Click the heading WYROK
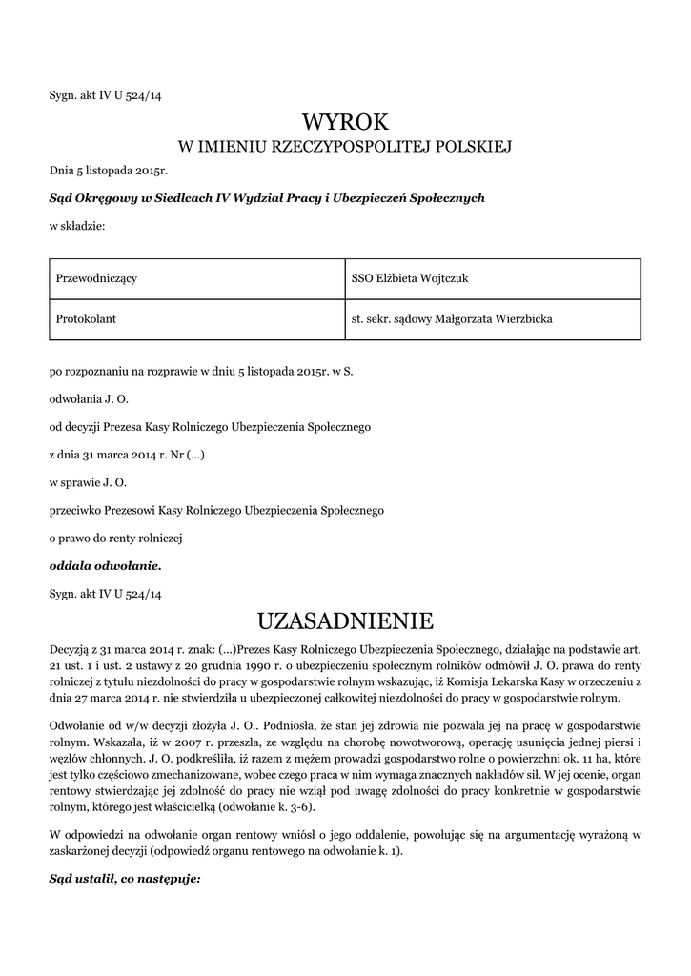(x=345, y=121)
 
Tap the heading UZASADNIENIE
(x=345, y=621)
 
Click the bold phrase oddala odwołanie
(x=106, y=565)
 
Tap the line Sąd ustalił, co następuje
(x=125, y=879)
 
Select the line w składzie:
(x=77, y=226)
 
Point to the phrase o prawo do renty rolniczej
(x=115, y=538)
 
